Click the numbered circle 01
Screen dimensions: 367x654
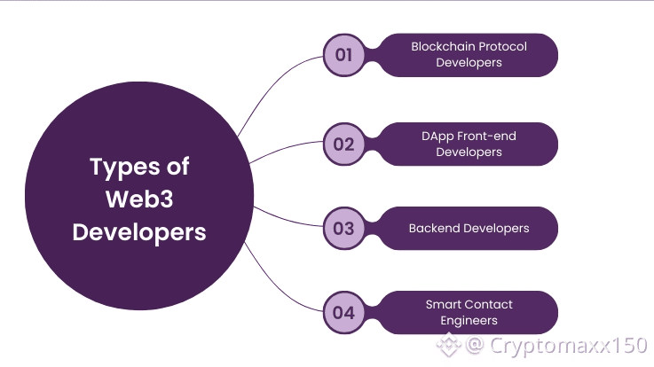343,55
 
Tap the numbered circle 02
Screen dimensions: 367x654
343,144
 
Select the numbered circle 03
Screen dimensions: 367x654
343,228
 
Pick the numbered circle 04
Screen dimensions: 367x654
343,312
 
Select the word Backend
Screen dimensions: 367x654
434,229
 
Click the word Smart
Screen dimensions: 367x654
443,304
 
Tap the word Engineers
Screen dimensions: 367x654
469,320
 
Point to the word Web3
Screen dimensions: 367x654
139,199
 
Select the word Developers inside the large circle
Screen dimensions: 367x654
139,232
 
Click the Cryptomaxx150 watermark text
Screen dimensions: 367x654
569,344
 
